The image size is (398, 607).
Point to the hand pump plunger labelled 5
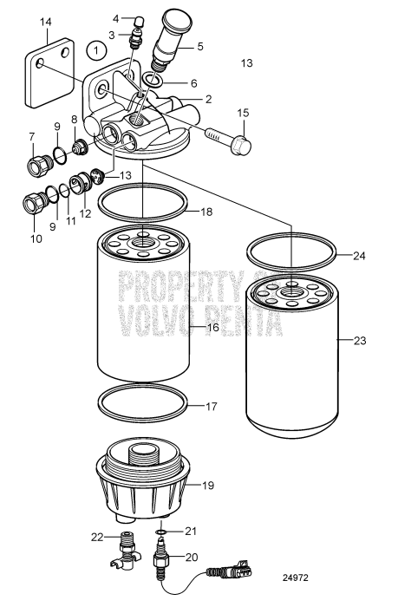[178, 39]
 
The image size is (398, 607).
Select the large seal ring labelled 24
[291, 251]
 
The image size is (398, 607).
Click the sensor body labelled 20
[162, 563]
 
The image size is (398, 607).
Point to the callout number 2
[208, 100]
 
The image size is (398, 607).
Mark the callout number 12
[85, 212]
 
